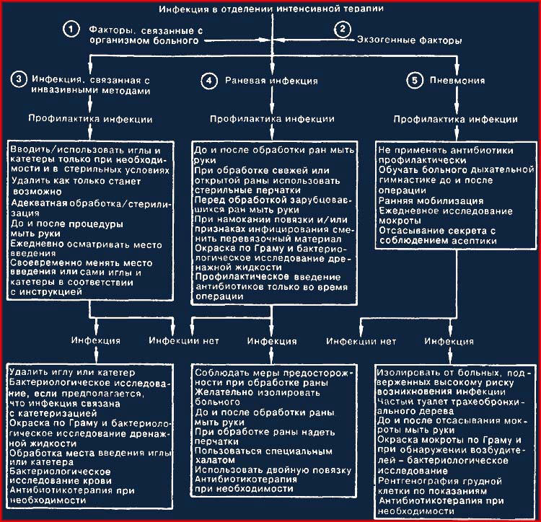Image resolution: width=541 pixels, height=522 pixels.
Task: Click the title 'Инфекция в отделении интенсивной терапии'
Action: pyautogui.click(x=271, y=9)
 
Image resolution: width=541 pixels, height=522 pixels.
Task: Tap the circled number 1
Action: pyautogui.click(x=71, y=30)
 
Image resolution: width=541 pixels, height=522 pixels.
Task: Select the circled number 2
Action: pyautogui.click(x=342, y=29)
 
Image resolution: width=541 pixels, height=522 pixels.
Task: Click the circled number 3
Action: pyautogui.click(x=19, y=79)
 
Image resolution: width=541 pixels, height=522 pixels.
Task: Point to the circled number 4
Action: pyautogui.click(x=208, y=81)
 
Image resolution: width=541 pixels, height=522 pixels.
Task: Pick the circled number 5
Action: pyautogui.click(x=414, y=81)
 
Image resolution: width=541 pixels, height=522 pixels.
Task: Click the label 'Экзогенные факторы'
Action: pyautogui.click(x=409, y=40)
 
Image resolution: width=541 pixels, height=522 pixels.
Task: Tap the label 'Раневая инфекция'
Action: pyautogui.click(x=271, y=81)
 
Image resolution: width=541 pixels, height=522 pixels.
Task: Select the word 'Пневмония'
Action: pyautogui.click(x=457, y=80)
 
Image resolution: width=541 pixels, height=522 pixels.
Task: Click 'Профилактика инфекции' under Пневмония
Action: pyautogui.click(x=455, y=119)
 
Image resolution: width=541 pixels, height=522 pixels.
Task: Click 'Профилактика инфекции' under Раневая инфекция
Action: pyautogui.click(x=272, y=119)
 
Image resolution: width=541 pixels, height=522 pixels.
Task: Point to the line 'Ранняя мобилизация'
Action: pyautogui.click(x=431, y=200)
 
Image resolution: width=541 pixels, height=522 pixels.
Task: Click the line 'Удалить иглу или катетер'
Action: pyautogui.click(x=72, y=372)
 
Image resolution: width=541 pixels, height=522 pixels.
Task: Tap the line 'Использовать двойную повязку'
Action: pyautogui.click(x=273, y=470)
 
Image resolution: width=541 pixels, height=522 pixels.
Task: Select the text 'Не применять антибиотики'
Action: pyautogui.click(x=446, y=150)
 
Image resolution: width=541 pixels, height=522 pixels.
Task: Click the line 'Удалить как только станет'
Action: pyautogui.click(x=76, y=181)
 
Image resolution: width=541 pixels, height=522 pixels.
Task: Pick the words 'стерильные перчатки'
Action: pyautogui.click(x=247, y=190)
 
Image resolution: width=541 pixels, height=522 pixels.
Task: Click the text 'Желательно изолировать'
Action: pyautogui.click(x=258, y=392)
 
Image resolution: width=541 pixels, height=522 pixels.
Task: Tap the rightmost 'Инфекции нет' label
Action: pyautogui.click(x=361, y=341)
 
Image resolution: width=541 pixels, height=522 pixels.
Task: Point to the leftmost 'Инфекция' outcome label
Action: pyautogui.click(x=95, y=340)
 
